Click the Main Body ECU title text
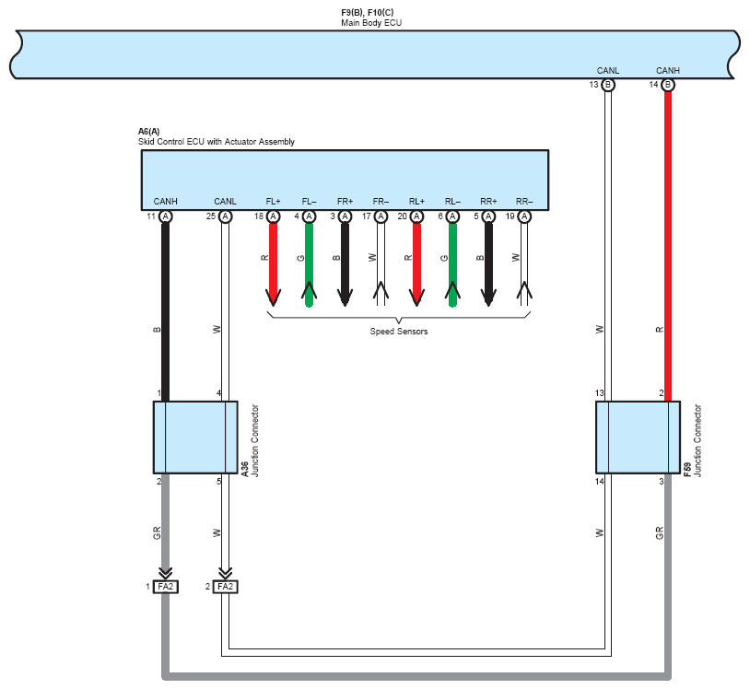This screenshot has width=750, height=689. (x=371, y=23)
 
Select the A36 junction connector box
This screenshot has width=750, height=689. (x=195, y=438)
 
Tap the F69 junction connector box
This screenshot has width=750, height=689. (x=639, y=438)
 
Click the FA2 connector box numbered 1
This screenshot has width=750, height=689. (x=166, y=587)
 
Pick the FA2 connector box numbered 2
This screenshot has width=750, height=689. (x=226, y=587)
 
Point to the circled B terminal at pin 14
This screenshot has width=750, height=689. (x=668, y=85)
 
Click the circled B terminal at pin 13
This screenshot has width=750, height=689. (x=608, y=85)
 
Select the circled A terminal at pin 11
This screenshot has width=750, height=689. (x=166, y=216)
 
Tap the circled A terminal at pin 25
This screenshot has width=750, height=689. (x=226, y=216)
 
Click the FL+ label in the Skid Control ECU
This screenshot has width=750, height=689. (x=273, y=202)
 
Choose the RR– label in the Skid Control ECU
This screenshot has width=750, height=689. (x=524, y=202)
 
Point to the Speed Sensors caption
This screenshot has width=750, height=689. (x=398, y=332)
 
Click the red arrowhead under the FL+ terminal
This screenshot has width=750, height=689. (x=273, y=298)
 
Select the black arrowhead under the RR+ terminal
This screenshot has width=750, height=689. (x=488, y=298)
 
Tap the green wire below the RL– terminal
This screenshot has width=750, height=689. (x=452, y=265)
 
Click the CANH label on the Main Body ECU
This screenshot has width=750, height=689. (x=668, y=71)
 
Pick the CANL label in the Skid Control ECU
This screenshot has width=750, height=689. (x=226, y=202)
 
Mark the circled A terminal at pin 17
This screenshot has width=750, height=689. (x=381, y=216)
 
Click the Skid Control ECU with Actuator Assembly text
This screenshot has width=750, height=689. (x=217, y=142)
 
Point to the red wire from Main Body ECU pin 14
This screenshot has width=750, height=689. (x=668, y=246)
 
